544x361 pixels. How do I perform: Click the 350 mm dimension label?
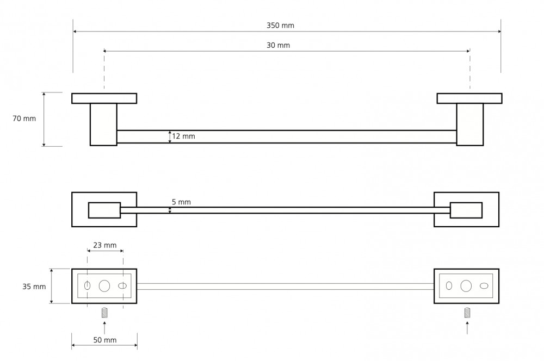tap(280, 26)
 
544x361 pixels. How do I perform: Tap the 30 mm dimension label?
tap(278, 45)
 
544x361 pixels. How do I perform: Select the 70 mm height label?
tap(24, 119)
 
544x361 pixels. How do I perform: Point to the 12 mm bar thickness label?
tap(183, 136)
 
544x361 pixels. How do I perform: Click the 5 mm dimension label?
tap(182, 202)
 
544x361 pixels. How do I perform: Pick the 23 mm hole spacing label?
tap(105, 245)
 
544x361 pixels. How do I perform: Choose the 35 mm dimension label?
tap(34, 287)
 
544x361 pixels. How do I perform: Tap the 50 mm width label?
tap(105, 340)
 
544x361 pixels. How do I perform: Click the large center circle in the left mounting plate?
tap(104, 286)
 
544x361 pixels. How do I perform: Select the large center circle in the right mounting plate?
tap(466, 286)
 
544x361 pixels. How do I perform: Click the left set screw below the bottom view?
tap(104, 313)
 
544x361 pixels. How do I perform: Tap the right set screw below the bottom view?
tap(467, 313)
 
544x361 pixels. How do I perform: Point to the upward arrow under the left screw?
tap(104, 328)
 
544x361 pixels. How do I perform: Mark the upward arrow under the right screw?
tap(467, 328)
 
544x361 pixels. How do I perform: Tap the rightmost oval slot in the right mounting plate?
tap(484, 286)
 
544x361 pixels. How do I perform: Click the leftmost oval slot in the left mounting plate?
tap(88, 286)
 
